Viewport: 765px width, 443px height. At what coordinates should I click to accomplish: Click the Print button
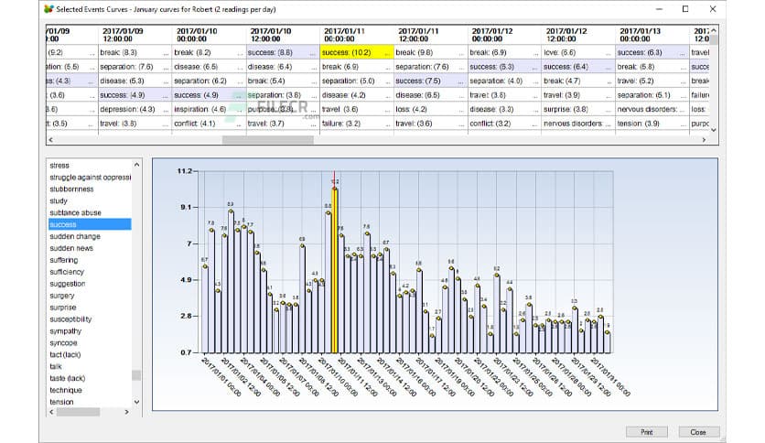(x=646, y=431)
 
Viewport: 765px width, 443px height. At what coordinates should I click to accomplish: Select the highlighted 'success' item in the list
(x=89, y=224)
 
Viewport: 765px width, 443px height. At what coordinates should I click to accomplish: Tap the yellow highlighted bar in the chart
(x=335, y=270)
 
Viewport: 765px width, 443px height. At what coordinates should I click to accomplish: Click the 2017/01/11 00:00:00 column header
(x=357, y=35)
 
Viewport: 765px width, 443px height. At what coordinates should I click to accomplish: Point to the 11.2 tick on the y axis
(x=187, y=171)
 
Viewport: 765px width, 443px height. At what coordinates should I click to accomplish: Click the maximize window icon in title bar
(x=684, y=8)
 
